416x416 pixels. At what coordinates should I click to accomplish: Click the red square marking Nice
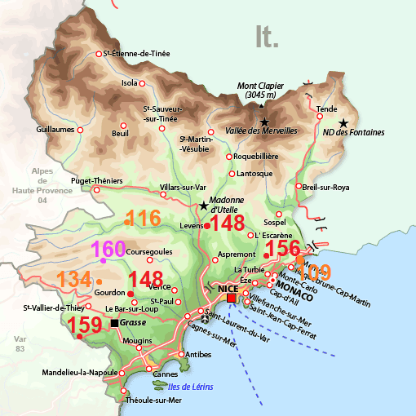(x=232, y=299)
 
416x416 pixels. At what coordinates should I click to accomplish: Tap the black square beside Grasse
(x=114, y=323)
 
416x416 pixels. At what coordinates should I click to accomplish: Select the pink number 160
(x=108, y=249)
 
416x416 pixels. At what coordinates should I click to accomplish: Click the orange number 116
(x=144, y=219)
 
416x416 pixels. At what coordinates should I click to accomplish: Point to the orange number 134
(x=74, y=280)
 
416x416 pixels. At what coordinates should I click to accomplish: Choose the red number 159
(x=85, y=325)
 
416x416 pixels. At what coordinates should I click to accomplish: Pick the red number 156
(x=284, y=248)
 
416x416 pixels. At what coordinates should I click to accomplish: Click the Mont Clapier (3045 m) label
(x=261, y=91)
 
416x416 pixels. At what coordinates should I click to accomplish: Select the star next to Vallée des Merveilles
(x=263, y=122)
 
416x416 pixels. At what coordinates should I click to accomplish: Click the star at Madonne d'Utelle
(x=203, y=206)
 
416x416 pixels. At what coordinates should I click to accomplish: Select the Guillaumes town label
(x=56, y=129)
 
